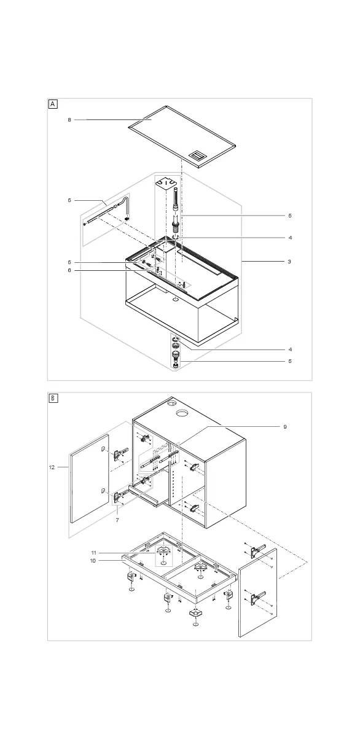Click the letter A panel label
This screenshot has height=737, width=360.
pos(53,104)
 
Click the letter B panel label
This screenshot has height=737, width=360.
pos(53,399)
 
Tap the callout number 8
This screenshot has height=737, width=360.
pos(69,120)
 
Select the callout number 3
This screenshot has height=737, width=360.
pos(289,262)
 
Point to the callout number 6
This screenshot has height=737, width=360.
pos(69,270)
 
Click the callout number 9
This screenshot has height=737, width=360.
pos(285,427)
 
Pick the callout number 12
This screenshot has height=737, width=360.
pos(52,467)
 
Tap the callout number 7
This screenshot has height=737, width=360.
pos(117,520)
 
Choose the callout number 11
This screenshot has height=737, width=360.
pos(94,553)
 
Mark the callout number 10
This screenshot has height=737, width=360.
pos(93,560)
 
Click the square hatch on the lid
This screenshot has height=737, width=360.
pos(197,155)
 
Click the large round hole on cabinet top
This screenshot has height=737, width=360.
pos(181,413)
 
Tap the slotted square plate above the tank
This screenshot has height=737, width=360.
pos(165,182)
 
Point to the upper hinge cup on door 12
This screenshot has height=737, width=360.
pos(103,450)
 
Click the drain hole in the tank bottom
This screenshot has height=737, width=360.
pos(174,300)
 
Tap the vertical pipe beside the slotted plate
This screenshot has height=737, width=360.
pos(176,200)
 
